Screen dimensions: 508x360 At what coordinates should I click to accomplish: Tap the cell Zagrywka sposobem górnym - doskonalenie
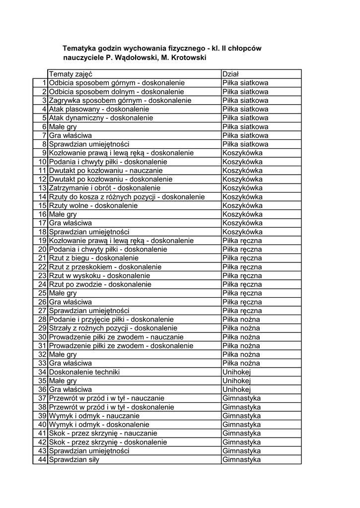coord(120,100)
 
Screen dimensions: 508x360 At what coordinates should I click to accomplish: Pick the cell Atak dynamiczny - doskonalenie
coord(101,118)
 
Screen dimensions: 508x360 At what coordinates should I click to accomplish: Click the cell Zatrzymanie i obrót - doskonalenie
coord(104,188)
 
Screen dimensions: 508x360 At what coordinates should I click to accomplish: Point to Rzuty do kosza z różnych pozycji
coord(127,197)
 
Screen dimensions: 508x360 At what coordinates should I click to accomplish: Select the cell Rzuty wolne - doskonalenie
coord(93,205)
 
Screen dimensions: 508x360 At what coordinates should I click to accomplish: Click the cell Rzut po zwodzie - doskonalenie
coord(100,284)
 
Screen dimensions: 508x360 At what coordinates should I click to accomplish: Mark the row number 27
coord(42,311)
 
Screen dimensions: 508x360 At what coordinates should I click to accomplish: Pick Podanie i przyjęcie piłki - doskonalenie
coord(111,319)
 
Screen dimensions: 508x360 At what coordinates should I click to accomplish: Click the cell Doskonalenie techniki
coord(84,372)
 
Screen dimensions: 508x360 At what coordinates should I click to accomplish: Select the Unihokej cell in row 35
coord(237,381)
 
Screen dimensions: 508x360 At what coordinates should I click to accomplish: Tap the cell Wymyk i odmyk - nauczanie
coord(94,416)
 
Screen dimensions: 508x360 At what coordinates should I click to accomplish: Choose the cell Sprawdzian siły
coord(73,459)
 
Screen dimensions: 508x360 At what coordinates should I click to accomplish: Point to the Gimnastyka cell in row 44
coord(241,459)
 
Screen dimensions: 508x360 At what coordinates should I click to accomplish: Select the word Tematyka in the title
coord(78,49)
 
